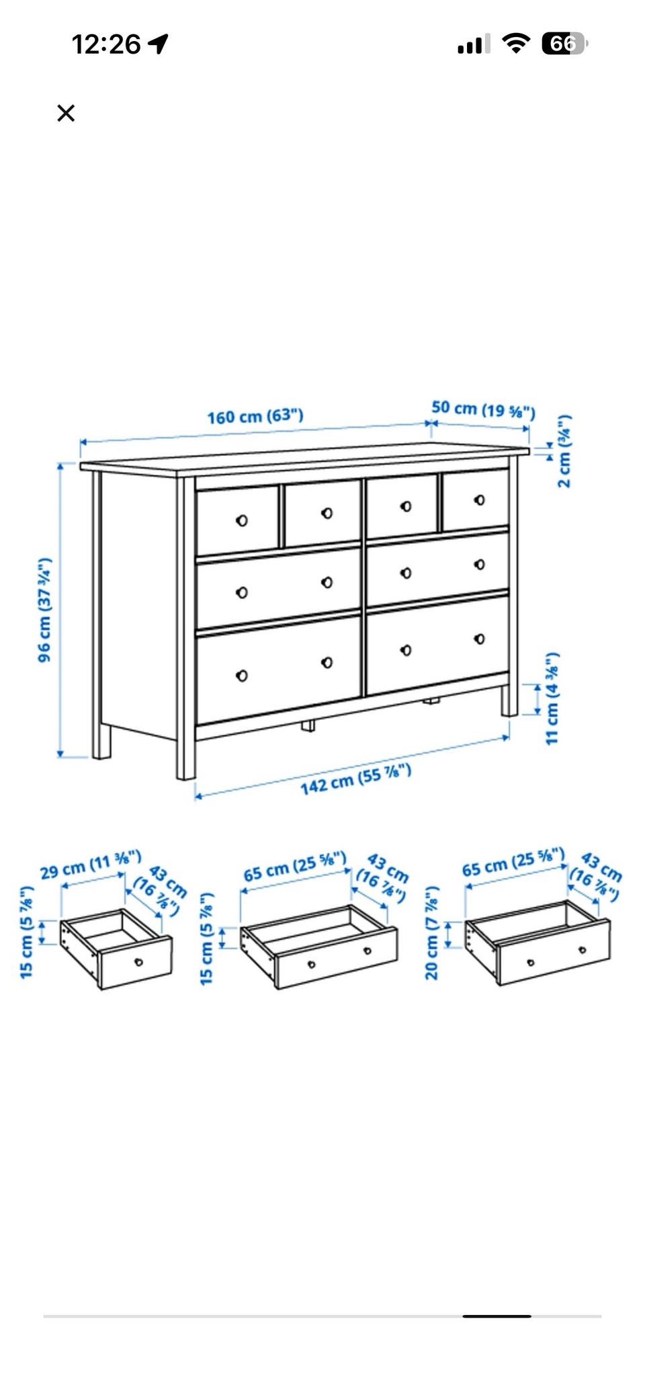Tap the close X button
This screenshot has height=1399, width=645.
(66, 113)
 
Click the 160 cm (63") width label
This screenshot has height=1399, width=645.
(255, 416)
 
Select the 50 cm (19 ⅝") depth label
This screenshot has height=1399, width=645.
(483, 409)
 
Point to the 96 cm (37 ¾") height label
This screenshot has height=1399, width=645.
(44, 609)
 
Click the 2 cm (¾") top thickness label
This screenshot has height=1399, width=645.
(564, 450)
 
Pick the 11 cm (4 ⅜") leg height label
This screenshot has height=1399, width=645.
(552, 698)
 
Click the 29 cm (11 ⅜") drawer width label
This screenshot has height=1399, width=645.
(91, 865)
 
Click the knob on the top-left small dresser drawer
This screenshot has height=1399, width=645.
(242, 520)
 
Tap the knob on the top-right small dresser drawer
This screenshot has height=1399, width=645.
(479, 500)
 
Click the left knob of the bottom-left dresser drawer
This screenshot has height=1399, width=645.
(242, 676)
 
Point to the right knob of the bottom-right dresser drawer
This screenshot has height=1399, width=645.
(479, 639)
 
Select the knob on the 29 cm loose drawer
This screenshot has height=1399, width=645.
(139, 961)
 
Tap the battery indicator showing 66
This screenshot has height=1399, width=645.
(564, 44)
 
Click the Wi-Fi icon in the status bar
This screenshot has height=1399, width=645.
(516, 44)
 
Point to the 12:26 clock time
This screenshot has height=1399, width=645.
(105, 44)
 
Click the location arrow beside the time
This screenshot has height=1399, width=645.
(158, 44)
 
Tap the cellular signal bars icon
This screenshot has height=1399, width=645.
(470, 45)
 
